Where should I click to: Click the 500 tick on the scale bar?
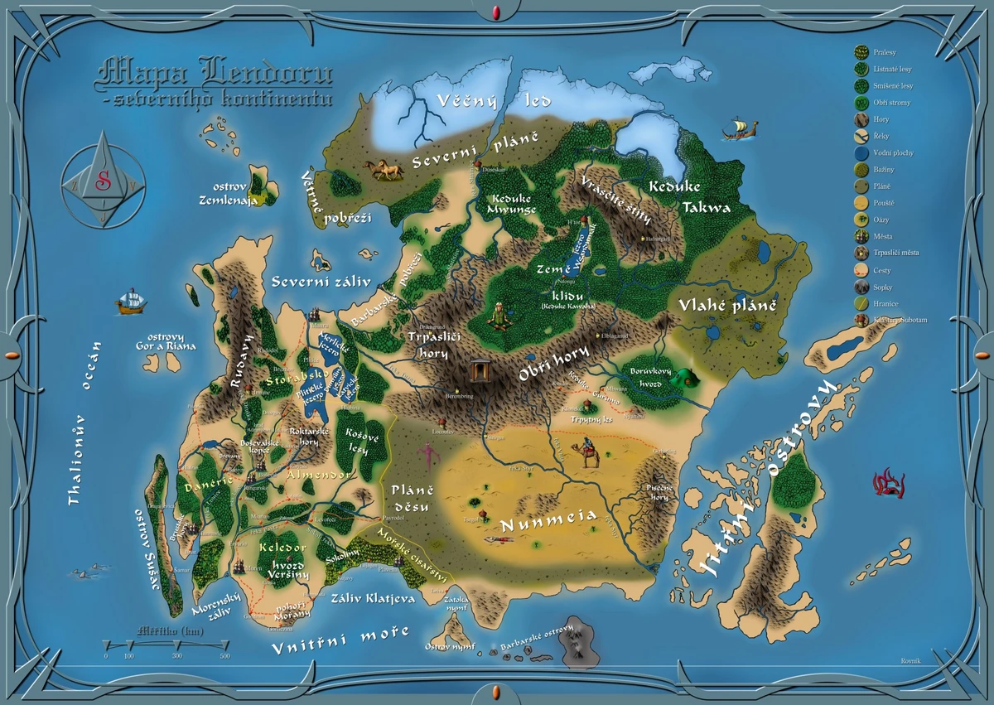225,655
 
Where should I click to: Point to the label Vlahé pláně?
728,305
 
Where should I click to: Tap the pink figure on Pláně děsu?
427,454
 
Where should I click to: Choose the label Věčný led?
482,102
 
